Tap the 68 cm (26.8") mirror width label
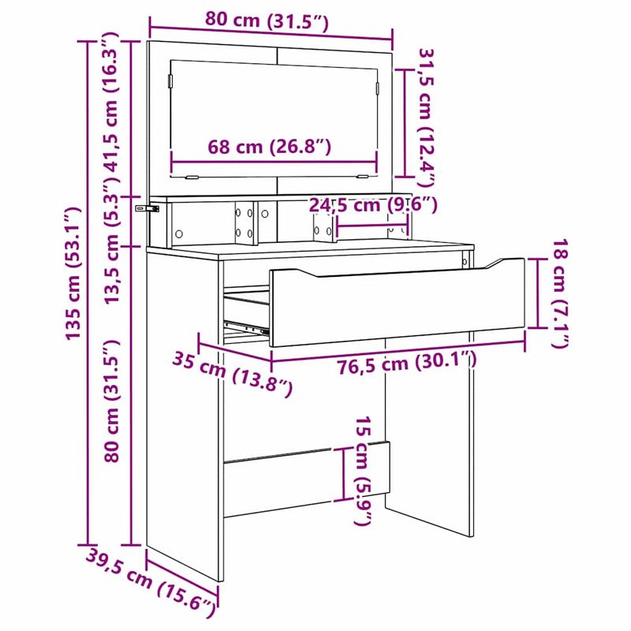pyautogui.click(x=270, y=147)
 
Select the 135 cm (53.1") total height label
pyautogui.click(x=73, y=273)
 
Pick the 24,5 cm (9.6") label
pyautogui.click(x=372, y=205)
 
